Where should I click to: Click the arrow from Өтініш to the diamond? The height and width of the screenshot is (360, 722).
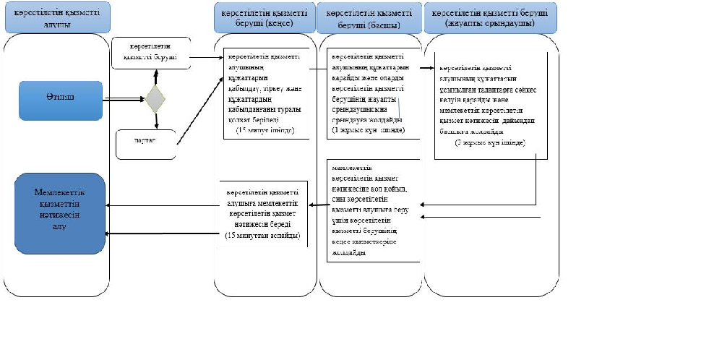click(123, 98)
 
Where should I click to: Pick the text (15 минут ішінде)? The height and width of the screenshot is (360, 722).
click(263, 130)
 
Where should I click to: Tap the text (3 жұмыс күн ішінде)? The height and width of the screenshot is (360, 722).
click(490, 144)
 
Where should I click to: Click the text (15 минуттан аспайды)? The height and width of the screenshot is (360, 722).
click(262, 236)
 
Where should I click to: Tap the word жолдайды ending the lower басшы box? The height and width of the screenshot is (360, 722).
click(348, 254)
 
